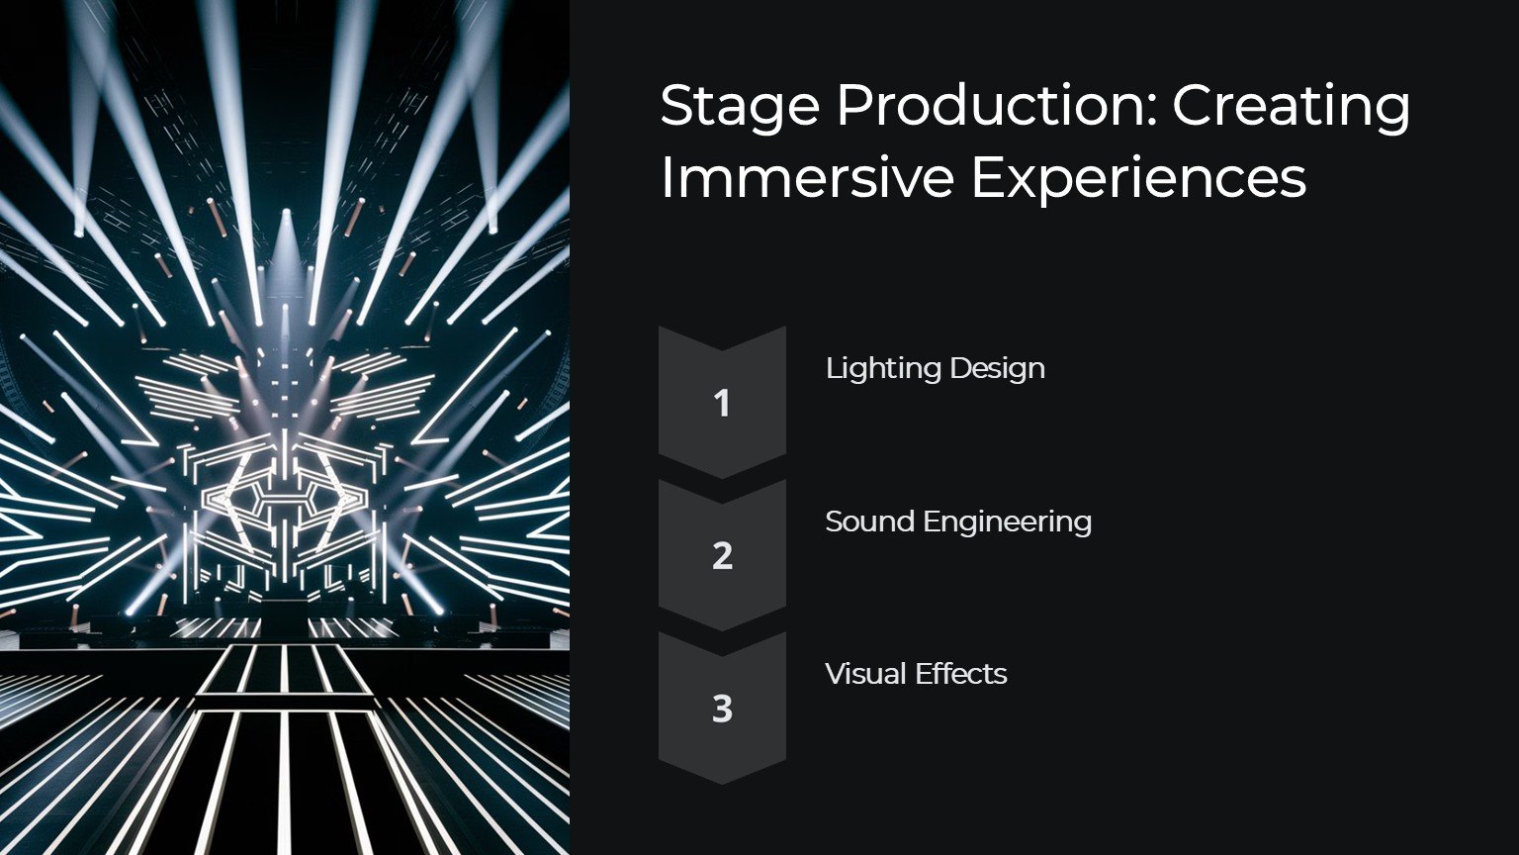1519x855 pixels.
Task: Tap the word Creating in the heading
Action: tap(1292, 109)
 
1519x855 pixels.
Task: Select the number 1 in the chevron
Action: tap(722, 403)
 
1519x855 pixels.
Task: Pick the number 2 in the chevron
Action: tap(722, 556)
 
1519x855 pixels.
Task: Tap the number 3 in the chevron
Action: tap(722, 709)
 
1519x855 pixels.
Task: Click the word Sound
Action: tap(868, 522)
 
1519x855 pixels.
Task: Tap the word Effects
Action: tap(961, 674)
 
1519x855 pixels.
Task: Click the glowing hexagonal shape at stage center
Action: tap(284, 502)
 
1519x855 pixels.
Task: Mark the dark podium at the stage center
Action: tap(284, 618)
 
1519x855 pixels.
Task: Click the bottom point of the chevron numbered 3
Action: tap(722, 785)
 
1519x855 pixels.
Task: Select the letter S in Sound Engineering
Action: tap(835, 522)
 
